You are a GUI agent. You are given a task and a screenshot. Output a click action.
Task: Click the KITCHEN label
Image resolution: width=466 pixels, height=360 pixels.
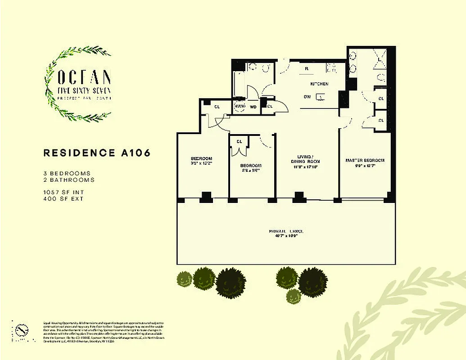(319, 84)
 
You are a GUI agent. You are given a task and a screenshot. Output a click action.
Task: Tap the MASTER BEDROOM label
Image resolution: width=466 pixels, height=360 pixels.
(365, 161)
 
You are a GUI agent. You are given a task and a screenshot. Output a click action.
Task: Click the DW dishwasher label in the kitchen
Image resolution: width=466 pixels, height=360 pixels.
(307, 96)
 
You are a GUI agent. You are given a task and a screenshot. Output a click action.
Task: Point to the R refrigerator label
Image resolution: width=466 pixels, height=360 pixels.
(306, 69)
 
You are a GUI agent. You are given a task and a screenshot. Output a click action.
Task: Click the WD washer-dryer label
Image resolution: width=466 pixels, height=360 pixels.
(253, 107)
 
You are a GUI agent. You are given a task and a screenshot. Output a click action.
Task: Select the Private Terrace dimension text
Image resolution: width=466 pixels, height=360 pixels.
(285, 235)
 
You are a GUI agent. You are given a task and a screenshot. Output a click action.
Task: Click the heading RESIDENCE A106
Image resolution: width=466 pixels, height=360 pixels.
(97, 153)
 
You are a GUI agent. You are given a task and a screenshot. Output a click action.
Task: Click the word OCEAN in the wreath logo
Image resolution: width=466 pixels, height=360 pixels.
(84, 77)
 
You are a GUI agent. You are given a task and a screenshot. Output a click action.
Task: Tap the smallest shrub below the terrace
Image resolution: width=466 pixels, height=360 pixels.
(294, 296)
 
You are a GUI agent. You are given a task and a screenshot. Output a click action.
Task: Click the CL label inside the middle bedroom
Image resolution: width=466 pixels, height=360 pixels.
(239, 141)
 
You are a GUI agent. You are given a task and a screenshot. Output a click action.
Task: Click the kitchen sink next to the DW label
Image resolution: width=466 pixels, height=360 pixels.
(320, 96)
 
